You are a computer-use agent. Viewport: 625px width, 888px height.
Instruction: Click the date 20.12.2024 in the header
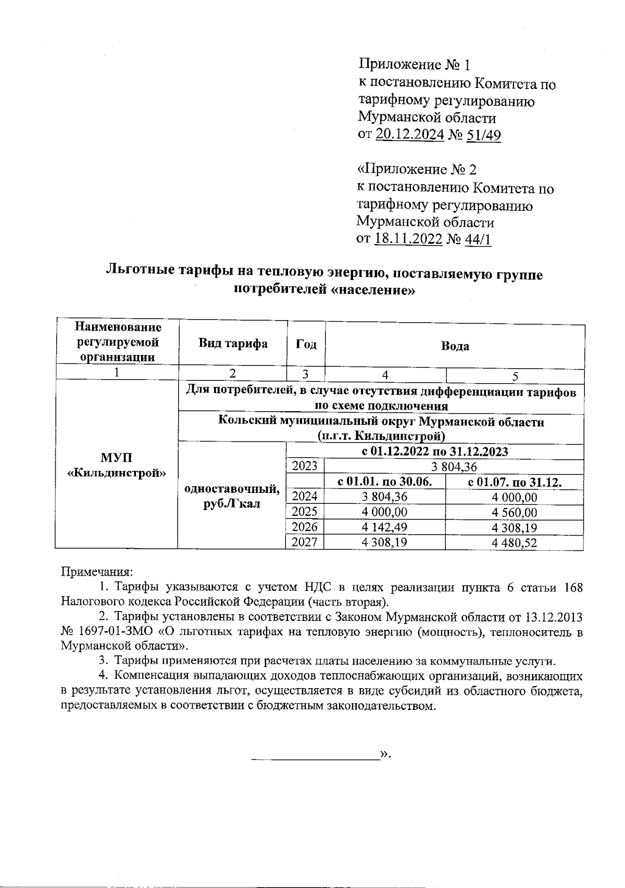[x=409, y=135]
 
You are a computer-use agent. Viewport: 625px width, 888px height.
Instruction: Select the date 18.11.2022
[x=408, y=239]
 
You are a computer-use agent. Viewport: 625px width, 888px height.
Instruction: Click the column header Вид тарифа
[x=233, y=344]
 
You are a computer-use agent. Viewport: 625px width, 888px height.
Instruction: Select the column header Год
[x=306, y=344]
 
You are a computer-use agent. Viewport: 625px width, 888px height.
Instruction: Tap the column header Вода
[x=455, y=346]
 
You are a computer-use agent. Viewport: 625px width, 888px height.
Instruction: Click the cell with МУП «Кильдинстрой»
[x=117, y=465]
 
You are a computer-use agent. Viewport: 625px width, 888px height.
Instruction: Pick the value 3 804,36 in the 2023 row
[x=455, y=466]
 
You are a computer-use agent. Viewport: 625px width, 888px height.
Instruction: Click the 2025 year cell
[x=305, y=512]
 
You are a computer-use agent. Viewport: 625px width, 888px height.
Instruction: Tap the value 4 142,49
[x=384, y=527]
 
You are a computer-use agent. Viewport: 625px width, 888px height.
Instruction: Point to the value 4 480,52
[x=514, y=543]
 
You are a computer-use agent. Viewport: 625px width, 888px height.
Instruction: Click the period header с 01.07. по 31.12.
[x=514, y=482]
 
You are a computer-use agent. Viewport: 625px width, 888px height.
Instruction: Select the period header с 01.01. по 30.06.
[x=384, y=482]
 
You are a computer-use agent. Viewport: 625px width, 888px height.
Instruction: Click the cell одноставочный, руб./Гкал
[x=232, y=496]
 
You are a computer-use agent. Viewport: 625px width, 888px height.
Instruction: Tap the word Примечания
[x=97, y=572]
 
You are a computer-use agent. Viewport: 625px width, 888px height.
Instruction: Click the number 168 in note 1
[x=573, y=587]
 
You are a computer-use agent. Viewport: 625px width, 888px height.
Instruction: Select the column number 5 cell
[x=515, y=375]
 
